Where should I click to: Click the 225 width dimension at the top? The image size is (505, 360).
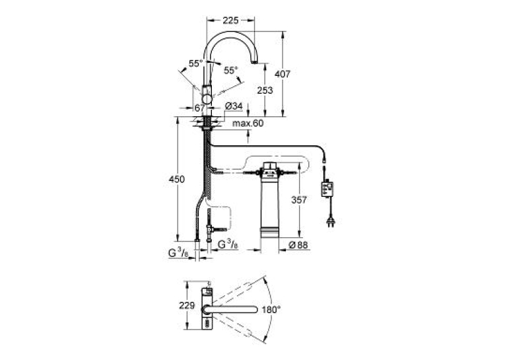tap(230, 20)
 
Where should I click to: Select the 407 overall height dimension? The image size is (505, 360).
tap(283, 74)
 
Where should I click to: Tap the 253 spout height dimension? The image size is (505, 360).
tap(265, 90)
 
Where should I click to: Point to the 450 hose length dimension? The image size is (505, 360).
tap(177, 179)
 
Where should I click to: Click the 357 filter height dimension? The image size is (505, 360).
tap(299, 200)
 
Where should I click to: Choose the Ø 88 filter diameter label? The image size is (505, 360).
tap(298, 245)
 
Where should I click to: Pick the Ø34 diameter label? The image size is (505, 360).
tap(234, 106)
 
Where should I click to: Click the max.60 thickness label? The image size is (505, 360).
tap(248, 123)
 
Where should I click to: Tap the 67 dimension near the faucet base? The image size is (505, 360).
tap(199, 108)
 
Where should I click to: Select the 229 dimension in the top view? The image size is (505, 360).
tap(187, 305)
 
